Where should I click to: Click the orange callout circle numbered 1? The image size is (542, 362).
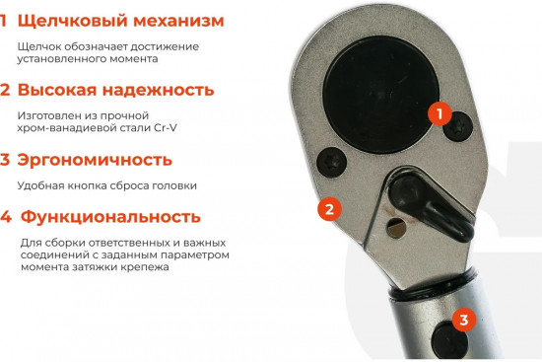(x=440, y=113)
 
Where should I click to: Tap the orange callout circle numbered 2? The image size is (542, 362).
(x=329, y=208)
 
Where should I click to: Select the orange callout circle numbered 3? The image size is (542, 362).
(x=465, y=320)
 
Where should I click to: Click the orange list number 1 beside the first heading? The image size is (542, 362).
(x=4, y=21)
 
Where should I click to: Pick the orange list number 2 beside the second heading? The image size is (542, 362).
(x=5, y=90)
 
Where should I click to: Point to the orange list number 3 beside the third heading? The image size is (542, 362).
(x=5, y=160)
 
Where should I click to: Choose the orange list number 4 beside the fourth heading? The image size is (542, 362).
(x=6, y=217)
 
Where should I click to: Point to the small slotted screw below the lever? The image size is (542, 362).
(x=397, y=230)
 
